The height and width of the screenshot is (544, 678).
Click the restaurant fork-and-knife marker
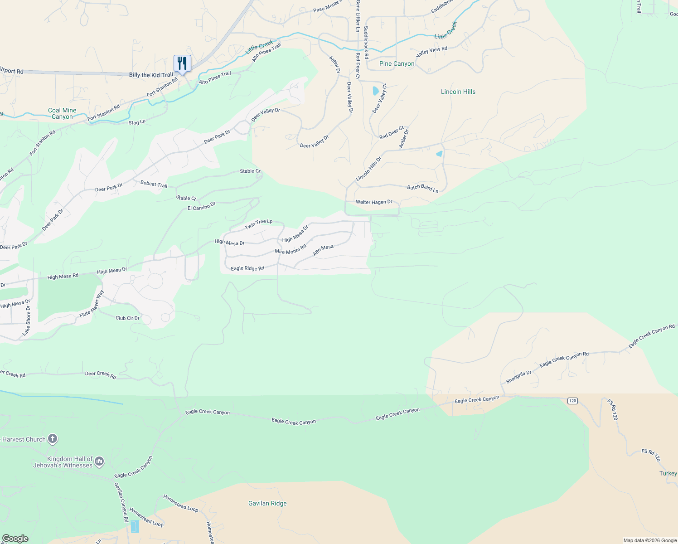tap(182, 63)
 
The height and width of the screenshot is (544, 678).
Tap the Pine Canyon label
tap(397, 64)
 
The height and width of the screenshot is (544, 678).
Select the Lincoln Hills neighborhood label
tap(458, 92)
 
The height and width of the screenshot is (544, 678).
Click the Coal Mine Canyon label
tap(62, 113)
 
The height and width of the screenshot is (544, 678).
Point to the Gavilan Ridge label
tap(267, 504)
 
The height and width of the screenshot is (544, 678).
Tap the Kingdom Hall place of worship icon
tap(100, 461)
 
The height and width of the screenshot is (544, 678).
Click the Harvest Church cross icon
tap(53, 439)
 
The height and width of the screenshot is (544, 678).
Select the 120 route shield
tap(572, 401)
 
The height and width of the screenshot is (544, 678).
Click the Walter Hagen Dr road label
tap(373, 202)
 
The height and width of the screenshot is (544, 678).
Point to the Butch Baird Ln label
tap(422, 188)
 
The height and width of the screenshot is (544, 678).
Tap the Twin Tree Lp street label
tap(258, 223)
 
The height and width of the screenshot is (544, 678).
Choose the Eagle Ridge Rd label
tap(247, 268)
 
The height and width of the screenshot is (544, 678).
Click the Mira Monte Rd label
tap(291, 249)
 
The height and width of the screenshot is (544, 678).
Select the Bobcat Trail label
tap(154, 184)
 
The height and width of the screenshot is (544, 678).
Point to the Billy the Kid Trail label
tap(151, 75)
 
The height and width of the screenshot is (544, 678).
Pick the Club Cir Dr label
tap(127, 318)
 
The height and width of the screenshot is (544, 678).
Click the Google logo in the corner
tap(15, 539)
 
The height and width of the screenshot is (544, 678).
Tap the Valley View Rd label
tap(431, 51)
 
